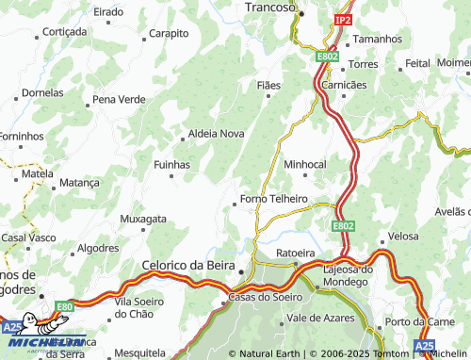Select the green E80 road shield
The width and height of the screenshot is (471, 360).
64,306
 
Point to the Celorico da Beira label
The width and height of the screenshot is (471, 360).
187,266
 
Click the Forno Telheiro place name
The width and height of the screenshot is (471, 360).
274,199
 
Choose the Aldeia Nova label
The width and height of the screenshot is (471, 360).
217,134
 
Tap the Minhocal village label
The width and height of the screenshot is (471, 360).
304,164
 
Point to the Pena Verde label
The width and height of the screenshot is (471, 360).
119,99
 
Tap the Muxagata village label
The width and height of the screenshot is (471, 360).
143,219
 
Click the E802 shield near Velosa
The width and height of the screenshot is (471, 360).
343,226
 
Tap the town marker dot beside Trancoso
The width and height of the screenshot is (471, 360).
301,12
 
